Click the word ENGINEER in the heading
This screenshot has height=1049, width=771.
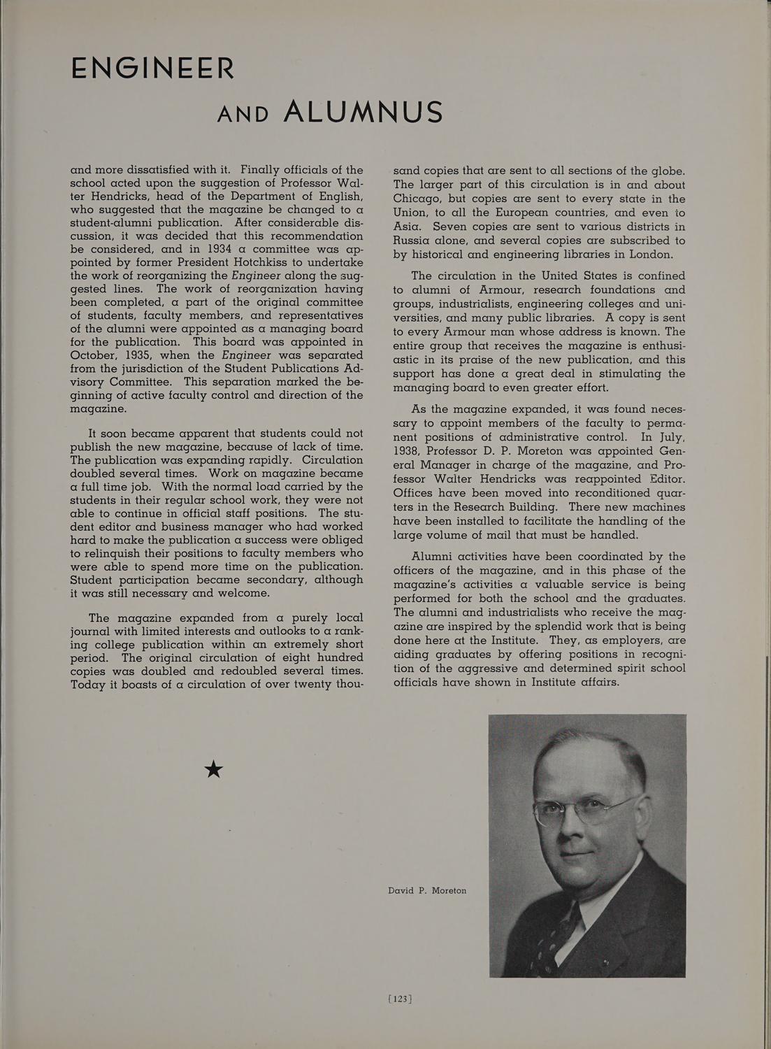click(x=153, y=68)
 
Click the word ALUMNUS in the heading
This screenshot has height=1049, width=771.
click(x=363, y=112)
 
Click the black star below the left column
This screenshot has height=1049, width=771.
click(x=213, y=769)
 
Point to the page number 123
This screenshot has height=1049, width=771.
click(x=401, y=999)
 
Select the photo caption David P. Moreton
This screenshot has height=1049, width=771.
click(x=427, y=890)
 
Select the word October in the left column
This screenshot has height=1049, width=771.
click(x=95, y=355)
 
